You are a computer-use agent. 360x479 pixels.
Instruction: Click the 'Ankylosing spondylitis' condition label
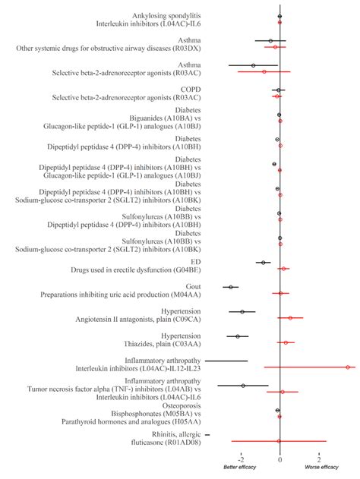pyautogui.click(x=166, y=15)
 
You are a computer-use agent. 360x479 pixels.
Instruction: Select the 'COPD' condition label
pyautogui.click(x=190, y=90)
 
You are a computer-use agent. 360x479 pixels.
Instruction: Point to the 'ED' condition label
pyautogui.click(x=195, y=262)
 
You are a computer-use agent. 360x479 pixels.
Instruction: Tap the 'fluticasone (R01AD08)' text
pyautogui.click(x=166, y=443)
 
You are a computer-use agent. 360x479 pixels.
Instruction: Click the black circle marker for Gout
pyautogui.click(x=230, y=287)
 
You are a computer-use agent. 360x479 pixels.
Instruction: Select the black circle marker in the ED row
pyautogui.click(x=264, y=263)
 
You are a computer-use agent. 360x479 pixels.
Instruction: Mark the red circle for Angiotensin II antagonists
pyautogui.click(x=290, y=318)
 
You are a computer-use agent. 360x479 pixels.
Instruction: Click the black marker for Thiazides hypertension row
pyautogui.click(x=238, y=336)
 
